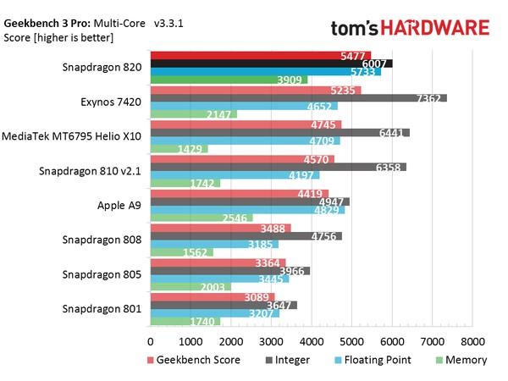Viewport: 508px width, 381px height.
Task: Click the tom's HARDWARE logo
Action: coord(410,27)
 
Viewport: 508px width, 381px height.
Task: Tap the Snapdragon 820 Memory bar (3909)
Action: coord(229,80)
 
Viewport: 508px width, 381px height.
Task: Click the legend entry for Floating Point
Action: coord(369,360)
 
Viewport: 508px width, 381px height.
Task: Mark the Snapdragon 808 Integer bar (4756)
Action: coord(246,237)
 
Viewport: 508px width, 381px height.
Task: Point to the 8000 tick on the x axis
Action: coord(472,342)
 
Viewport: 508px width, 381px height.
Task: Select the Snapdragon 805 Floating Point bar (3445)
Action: coord(219,279)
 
